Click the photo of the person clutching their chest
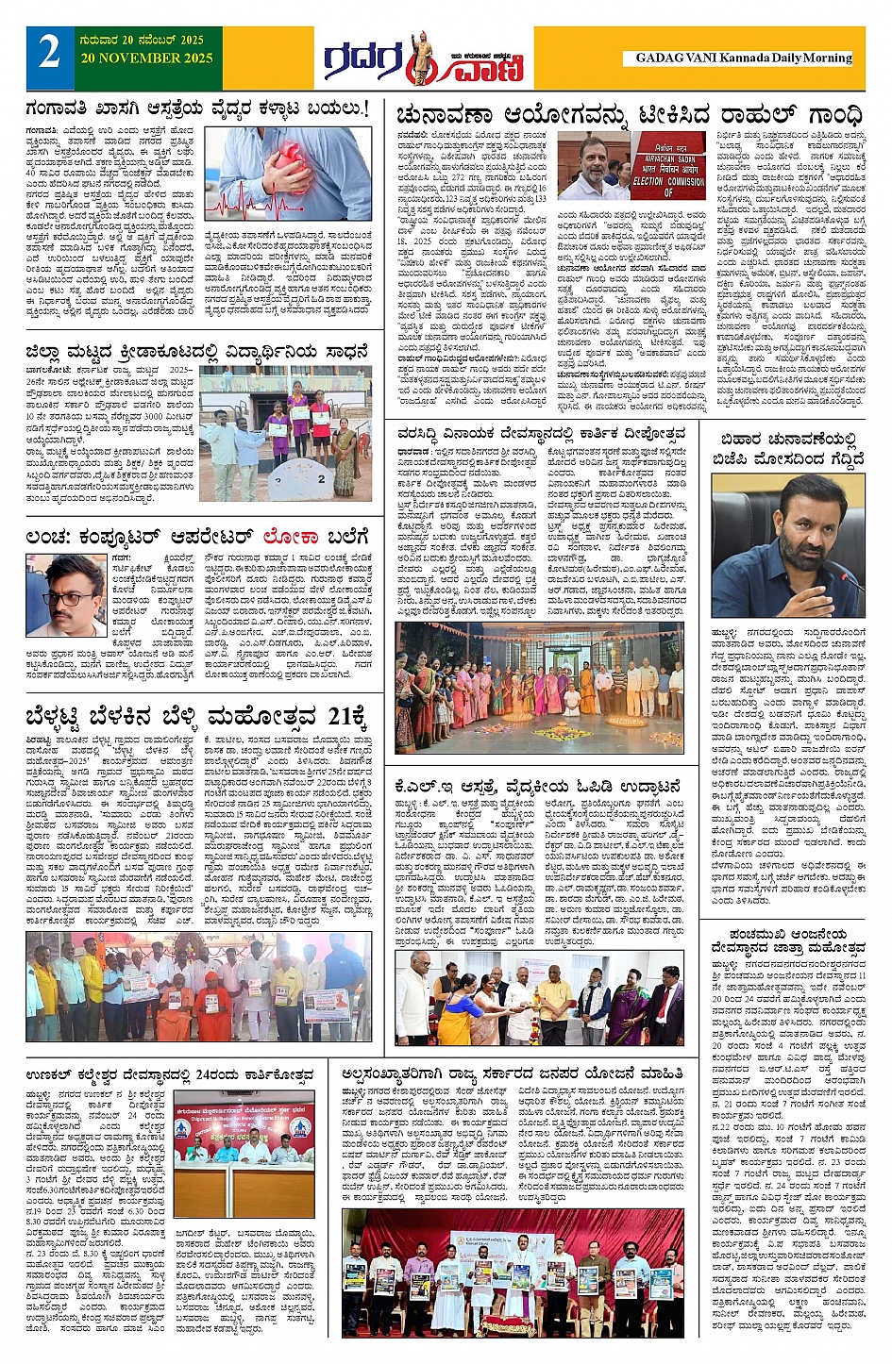pos(288,175)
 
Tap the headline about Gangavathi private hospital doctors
pos(196,109)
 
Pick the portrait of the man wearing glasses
pos(66,596)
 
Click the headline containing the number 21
pos(196,716)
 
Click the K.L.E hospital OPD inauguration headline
pos(538,786)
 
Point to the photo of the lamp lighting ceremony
pos(538,998)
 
